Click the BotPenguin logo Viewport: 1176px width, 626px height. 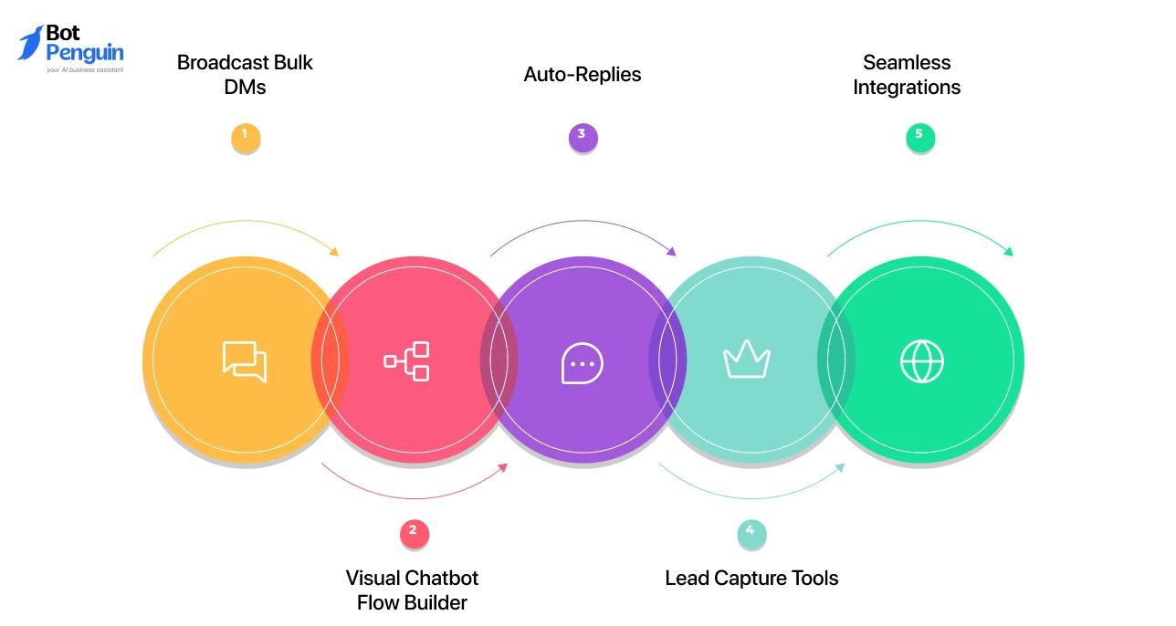click(70, 48)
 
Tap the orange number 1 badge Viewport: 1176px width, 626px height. click(245, 138)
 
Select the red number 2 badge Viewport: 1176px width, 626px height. click(414, 535)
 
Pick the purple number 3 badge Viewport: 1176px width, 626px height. click(583, 138)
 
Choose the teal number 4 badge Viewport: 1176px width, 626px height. click(751, 535)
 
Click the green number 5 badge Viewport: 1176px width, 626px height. click(919, 138)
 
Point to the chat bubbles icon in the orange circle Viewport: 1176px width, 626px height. click(245, 361)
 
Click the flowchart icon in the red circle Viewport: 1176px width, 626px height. click(407, 361)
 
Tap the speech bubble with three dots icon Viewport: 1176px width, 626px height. click(583, 363)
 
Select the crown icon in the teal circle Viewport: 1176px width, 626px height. click(747, 360)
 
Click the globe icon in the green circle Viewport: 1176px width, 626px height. click(922, 361)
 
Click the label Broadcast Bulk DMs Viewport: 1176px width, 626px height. click(245, 75)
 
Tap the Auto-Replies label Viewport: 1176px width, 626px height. click(583, 75)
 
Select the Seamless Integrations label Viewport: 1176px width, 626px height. click(907, 75)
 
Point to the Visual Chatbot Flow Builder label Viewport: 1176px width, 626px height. click(412, 589)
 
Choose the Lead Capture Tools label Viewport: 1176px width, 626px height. click(751, 578)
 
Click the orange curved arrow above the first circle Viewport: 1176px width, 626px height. click(245, 223)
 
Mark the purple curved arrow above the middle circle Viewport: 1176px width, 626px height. click(583, 223)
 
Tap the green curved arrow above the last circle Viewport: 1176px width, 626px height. click(919, 223)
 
